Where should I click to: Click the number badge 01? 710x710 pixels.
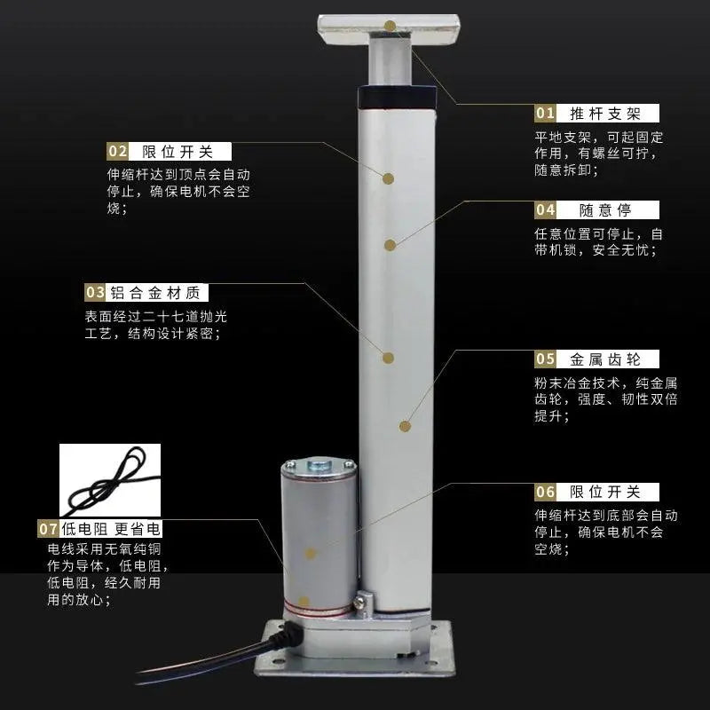tap(545, 114)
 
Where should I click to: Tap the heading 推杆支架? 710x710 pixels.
tap(605, 114)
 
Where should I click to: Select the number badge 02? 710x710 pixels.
tap(118, 151)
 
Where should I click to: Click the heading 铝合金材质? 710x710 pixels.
tap(155, 293)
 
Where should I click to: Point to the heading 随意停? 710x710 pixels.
tap(605, 210)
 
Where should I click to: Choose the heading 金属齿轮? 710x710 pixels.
tap(605, 359)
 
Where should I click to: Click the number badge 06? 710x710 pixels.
tap(545, 493)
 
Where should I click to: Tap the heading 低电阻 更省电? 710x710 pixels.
tap(112, 529)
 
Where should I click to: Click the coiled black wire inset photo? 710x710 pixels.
tap(110, 480)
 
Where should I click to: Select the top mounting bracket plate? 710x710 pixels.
tap(389, 30)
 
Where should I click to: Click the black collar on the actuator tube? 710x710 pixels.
tap(397, 98)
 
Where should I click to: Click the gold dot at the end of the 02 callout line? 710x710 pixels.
tap(388, 178)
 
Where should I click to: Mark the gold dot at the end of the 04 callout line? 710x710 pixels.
tap(390, 246)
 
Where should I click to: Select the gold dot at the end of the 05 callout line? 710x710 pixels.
tap(405, 426)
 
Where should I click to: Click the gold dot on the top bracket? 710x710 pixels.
tap(390, 26)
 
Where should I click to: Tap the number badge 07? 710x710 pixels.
tap(48, 529)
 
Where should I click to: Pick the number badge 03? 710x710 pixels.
tap(95, 293)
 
